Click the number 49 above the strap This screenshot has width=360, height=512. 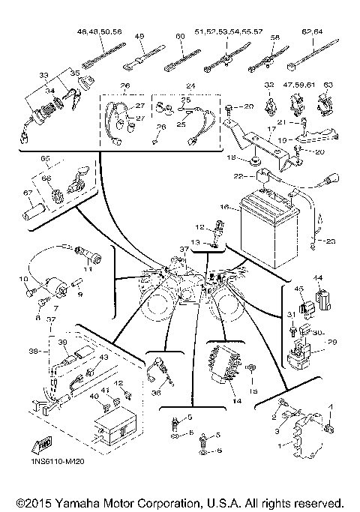pos(139,35)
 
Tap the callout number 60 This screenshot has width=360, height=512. pos(179,35)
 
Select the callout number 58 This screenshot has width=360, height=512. pos(274,35)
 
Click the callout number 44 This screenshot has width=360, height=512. pos(318,278)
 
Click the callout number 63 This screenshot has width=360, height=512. pos(327,85)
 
